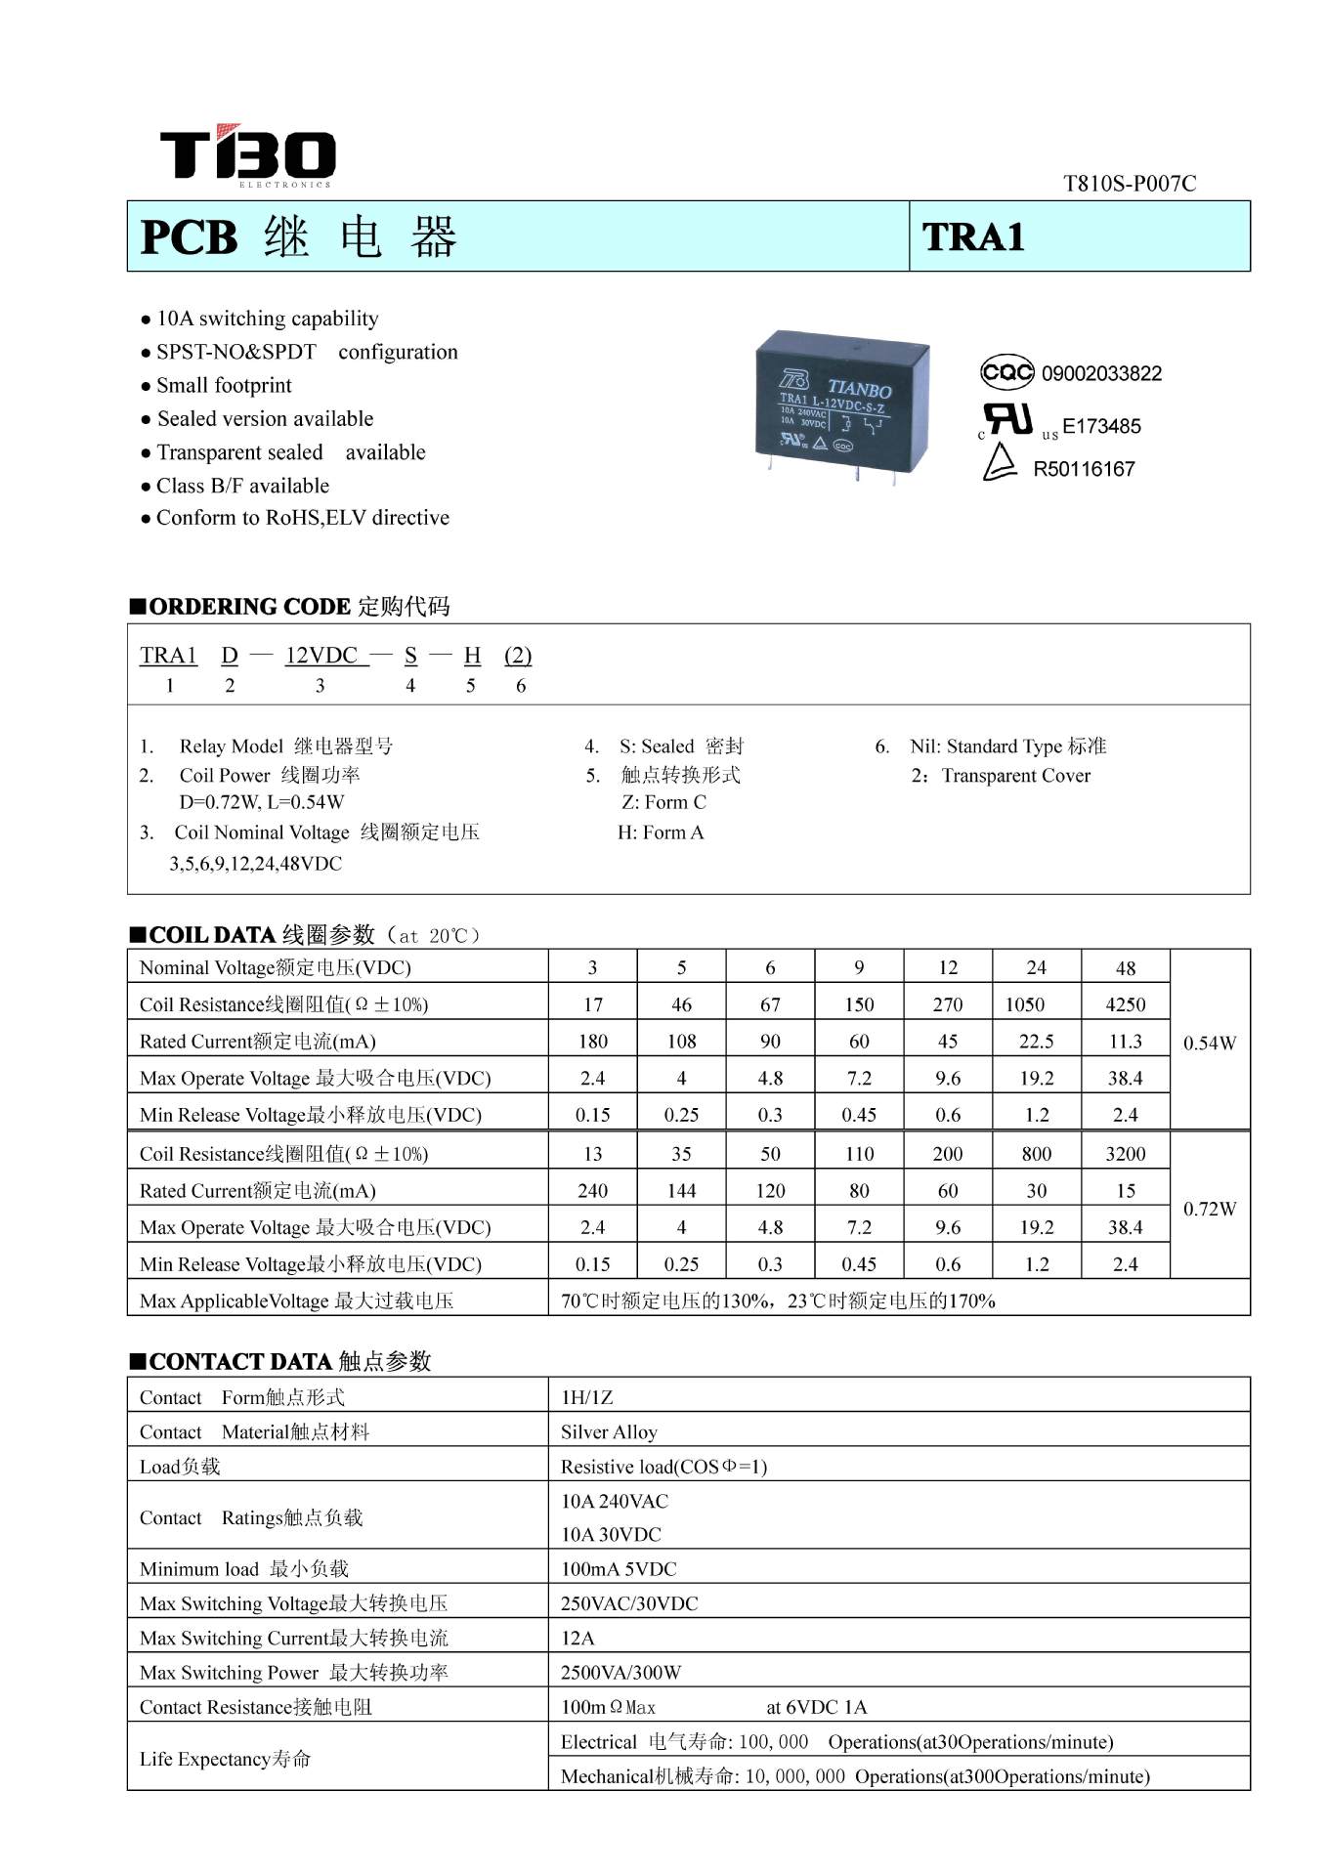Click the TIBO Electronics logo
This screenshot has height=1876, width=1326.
click(x=247, y=155)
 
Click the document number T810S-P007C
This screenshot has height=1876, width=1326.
click(x=1129, y=184)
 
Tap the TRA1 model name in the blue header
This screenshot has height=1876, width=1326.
click(x=973, y=237)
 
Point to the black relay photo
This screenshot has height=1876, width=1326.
click(x=842, y=404)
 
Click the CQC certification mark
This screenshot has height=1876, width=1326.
click(x=1006, y=372)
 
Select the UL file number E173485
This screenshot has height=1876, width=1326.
click(x=1101, y=426)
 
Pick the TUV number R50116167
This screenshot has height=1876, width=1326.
click(x=1084, y=469)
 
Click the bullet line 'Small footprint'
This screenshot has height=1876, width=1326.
click(x=224, y=385)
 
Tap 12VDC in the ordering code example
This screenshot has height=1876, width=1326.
click(x=321, y=656)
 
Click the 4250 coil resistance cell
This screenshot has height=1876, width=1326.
click(x=1125, y=1004)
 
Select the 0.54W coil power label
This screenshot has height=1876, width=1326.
click(x=1210, y=1043)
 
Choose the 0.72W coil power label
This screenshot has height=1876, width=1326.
click(x=1210, y=1209)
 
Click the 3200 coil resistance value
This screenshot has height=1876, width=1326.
click(x=1125, y=1154)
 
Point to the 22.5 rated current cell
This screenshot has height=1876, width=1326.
click(x=1036, y=1042)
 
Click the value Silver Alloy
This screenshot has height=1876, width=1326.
click(x=609, y=1432)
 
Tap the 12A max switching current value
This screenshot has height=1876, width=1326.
click(x=577, y=1638)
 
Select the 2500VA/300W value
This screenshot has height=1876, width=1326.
click(x=620, y=1673)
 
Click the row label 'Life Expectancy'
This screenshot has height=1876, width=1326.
click(x=225, y=1760)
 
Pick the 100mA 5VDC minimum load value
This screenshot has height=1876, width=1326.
click(x=619, y=1569)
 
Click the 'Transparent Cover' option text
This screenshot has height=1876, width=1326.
click(x=1015, y=776)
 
